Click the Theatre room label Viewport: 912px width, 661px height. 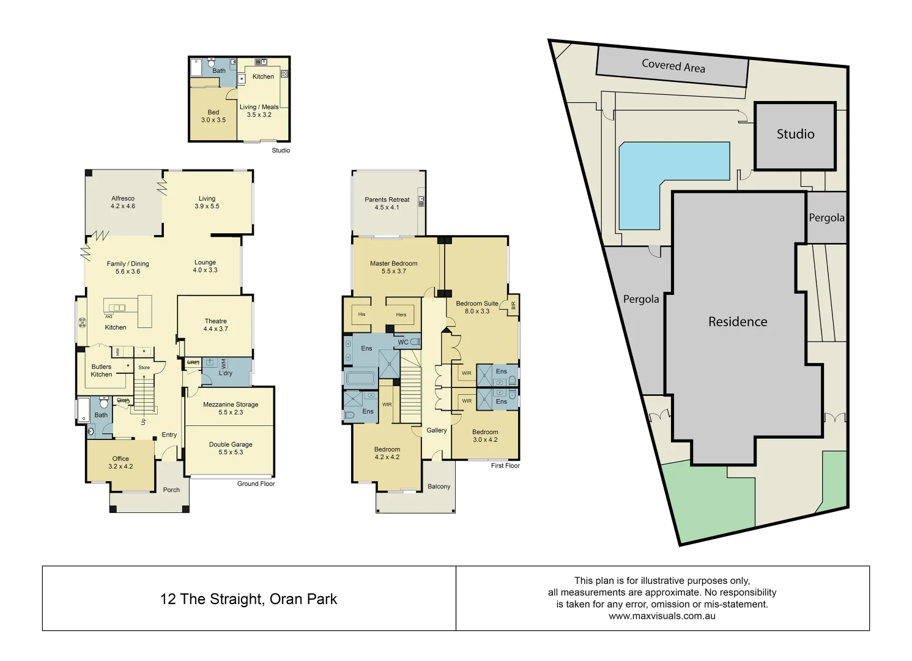coord(215,325)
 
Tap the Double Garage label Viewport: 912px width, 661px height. coord(231,448)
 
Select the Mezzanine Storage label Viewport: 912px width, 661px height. coord(231,408)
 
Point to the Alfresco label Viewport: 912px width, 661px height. coord(123,202)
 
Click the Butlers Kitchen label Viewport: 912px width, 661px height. coord(102,370)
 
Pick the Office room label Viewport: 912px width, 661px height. coord(120,462)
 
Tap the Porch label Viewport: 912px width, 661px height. coord(171,490)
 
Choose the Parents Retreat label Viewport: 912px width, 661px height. coord(387,203)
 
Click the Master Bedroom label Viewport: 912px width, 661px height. coord(394,267)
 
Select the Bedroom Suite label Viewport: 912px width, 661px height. coord(477,307)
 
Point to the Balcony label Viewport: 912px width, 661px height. coord(439,487)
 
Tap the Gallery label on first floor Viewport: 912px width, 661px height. coord(437,430)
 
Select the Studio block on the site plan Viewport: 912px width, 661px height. coord(795,135)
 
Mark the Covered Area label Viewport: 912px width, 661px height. coord(673,66)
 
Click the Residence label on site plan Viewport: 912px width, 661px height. coord(738,322)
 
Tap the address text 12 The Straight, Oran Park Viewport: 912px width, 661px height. coord(248,599)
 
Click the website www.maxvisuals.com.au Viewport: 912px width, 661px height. coord(662,616)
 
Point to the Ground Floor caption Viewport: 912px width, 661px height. coord(256,484)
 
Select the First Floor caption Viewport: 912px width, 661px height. coord(505,466)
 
